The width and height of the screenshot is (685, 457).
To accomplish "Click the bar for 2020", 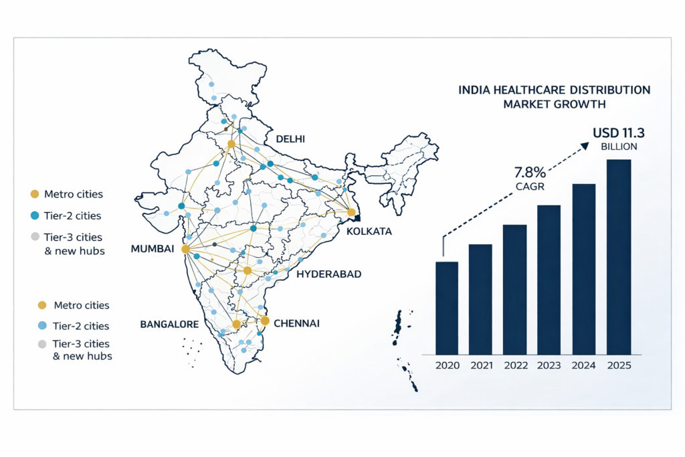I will coord(447,307).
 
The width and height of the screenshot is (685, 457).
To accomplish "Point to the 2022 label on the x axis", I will coord(514,366).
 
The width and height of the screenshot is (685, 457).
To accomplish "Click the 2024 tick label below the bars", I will coord(584,366).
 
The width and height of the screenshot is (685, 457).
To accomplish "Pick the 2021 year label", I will coord(480,366).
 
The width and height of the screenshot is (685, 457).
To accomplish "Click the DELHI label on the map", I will coord(290,139).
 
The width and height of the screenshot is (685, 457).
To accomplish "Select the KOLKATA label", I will coord(369,232).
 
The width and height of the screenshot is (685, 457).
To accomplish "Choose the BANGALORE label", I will coord(169,325).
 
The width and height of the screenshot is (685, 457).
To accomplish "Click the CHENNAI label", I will coord(296,323).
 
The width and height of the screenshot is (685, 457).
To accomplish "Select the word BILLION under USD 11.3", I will coord(619,147).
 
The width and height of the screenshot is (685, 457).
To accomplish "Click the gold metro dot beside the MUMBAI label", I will coord(186,249).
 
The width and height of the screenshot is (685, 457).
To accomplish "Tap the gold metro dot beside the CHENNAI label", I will coord(265,321).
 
